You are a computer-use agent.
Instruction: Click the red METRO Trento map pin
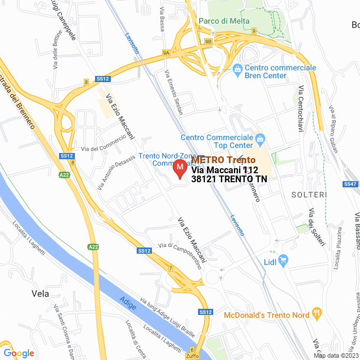(179, 169)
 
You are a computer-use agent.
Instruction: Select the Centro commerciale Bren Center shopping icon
(237, 69)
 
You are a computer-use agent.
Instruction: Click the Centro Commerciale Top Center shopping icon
(260, 138)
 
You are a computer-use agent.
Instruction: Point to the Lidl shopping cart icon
(283, 260)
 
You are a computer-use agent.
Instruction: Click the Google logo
(19, 353)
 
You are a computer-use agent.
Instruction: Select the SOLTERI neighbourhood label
(309, 195)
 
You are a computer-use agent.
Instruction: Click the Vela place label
(40, 294)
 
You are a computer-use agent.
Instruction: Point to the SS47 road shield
(350, 184)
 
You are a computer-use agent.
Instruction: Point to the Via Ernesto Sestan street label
(174, 92)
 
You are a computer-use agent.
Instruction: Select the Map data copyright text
(335, 355)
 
